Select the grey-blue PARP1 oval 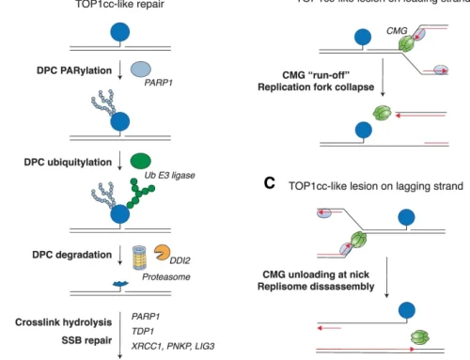(x=142, y=69)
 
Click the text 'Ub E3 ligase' (x=165, y=177)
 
